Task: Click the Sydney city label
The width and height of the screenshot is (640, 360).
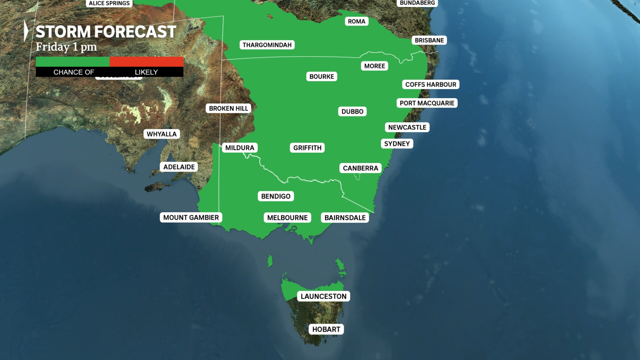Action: [397, 144]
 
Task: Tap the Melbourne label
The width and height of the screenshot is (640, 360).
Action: [287, 218]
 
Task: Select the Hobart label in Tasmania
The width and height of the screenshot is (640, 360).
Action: [326, 329]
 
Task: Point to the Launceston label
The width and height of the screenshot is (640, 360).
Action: [323, 296]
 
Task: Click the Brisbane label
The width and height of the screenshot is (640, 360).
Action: [429, 40]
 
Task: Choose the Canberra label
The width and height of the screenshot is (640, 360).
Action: [360, 168]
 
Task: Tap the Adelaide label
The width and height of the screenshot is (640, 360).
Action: [179, 167]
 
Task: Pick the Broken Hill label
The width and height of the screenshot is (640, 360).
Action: [228, 108]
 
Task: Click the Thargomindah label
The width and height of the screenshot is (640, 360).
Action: [267, 45]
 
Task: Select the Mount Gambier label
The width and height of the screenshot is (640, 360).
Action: [191, 218]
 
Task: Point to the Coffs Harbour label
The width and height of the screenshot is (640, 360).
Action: [431, 84]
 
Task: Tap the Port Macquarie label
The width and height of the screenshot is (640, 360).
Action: [427, 103]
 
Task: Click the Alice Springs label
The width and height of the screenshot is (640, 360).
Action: [109, 3]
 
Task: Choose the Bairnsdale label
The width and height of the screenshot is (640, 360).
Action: [345, 218]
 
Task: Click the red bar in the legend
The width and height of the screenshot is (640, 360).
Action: [146, 62]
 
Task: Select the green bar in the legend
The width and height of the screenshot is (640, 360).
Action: [73, 62]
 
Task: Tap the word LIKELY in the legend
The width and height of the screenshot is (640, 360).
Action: [146, 72]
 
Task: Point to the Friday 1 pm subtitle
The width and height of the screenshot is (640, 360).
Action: [66, 47]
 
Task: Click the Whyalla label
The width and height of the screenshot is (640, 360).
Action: [162, 134]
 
